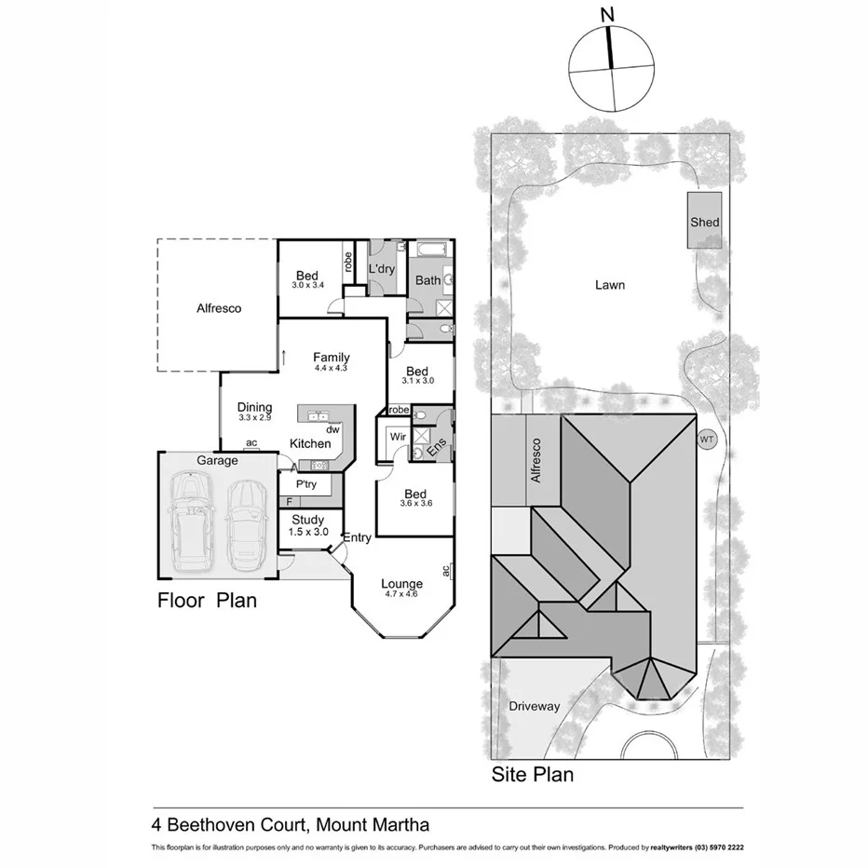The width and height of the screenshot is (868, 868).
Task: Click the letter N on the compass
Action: click(608, 14)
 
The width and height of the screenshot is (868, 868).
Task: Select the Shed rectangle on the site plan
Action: click(705, 221)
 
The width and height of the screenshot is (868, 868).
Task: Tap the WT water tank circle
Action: click(708, 439)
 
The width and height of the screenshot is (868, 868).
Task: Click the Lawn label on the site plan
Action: click(610, 285)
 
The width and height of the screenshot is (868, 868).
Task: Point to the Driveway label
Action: click(535, 706)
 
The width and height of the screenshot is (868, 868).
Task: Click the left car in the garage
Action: click(192, 523)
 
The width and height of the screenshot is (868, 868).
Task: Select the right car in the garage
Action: click(247, 526)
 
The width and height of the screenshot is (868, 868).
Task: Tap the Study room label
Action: click(307, 520)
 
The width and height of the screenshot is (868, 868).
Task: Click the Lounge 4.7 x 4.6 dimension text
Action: click(401, 595)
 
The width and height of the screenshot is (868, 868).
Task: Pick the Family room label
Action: click(331, 357)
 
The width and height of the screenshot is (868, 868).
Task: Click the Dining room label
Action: click(254, 407)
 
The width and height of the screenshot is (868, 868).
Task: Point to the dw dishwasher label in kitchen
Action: click(332, 430)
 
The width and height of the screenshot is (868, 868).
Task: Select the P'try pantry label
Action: click(306, 485)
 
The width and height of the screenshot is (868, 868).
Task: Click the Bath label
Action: click(427, 280)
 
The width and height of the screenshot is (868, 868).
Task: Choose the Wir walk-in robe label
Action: click(398, 436)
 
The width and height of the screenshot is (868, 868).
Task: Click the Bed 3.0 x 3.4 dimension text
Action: click(307, 285)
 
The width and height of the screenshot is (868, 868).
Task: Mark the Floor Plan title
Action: click(206, 601)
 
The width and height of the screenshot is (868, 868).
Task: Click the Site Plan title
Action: click(532, 774)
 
